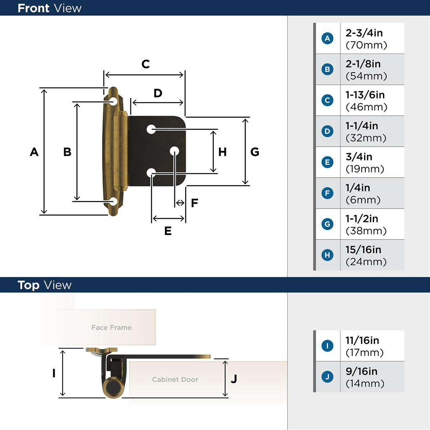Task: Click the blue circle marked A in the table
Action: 327,39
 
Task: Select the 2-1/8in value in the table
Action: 363,64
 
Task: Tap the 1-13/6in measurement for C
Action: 365,95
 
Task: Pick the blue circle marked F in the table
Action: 327,193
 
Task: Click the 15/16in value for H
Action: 363,250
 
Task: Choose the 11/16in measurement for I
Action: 362,341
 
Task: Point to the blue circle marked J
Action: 327,377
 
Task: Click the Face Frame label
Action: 111,328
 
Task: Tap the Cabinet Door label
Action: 175,380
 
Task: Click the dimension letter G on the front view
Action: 254,152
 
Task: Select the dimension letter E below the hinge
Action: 168,231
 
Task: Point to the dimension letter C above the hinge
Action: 145,64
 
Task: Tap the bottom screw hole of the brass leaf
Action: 113,202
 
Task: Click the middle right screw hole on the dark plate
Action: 174,151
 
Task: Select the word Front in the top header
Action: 33,8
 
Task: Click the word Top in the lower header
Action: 29,286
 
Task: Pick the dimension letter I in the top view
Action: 54,373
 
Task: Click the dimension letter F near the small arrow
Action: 194,203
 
